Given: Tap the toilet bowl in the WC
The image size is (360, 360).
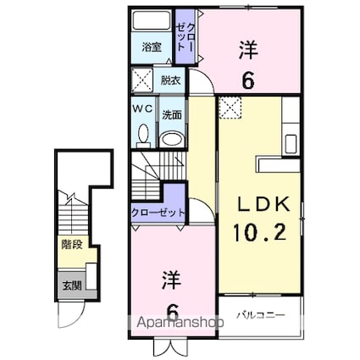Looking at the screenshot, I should [x=142, y=134].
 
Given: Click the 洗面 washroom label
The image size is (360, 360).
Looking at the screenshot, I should [x=171, y=114].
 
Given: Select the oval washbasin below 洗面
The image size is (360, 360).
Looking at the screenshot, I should [x=172, y=139].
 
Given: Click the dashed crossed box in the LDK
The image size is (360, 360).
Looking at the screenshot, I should [x=231, y=108].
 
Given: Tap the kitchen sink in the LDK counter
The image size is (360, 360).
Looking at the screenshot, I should [x=292, y=142].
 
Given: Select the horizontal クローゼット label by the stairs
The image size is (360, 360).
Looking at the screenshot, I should [x=158, y=212].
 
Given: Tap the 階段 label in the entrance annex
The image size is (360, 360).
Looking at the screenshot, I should [x=71, y=246].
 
